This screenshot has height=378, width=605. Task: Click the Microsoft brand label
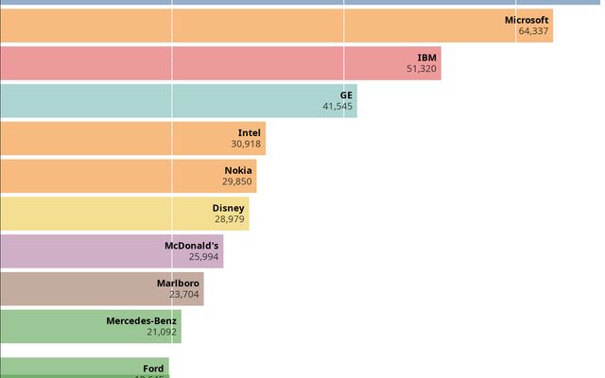pos(527,20)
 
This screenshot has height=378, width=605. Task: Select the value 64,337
pos(533,31)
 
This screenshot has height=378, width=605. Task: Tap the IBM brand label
pos(427,58)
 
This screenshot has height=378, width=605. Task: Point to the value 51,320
pos(422,69)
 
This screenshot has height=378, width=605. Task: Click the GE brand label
pos(346,95)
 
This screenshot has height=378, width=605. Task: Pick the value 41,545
pos(337,107)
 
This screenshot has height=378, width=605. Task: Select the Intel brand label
pos(250,133)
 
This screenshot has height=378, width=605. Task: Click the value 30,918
pos(246,145)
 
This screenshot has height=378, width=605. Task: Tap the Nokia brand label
pos(238,171)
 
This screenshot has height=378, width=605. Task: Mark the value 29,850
pos(237,182)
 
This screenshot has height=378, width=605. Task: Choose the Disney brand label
pos(229,208)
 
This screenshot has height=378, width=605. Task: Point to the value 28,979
pos(229,219)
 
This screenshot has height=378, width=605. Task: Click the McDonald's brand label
pos(192,246)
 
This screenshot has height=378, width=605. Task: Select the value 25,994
pos(203,257)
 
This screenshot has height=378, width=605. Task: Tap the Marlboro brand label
pos(178,283)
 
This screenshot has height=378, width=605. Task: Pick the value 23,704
pos(183,295)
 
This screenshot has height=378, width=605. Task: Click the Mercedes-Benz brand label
pos(141,321)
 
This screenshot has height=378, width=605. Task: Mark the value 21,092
pos(161,333)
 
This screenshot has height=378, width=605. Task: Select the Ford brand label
pos(153,369)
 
